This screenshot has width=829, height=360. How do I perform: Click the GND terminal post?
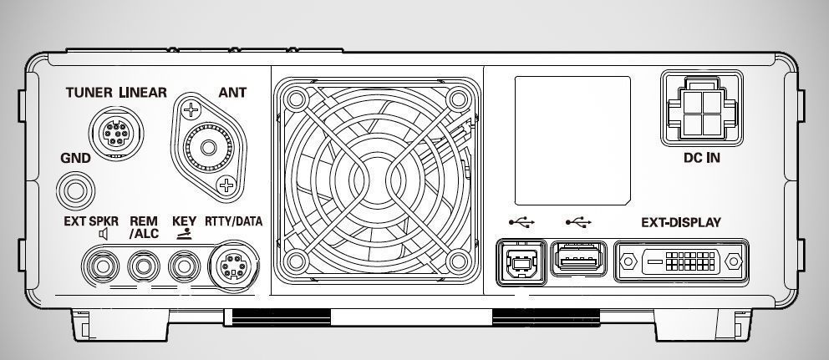click(x=75, y=190)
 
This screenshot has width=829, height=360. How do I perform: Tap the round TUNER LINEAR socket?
click(x=116, y=133)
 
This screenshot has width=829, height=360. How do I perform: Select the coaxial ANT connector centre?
click(x=209, y=147)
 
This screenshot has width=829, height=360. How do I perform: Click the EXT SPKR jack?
click(x=100, y=266)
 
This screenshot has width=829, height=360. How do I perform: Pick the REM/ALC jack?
click(x=144, y=266)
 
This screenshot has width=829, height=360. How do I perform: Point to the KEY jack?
click(x=184, y=266)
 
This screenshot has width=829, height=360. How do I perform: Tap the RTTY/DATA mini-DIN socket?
click(x=232, y=266)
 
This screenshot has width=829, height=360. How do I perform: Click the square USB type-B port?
click(x=521, y=262)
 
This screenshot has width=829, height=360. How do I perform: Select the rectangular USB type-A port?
click(x=579, y=258)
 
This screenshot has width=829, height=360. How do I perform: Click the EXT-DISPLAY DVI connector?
click(x=681, y=261)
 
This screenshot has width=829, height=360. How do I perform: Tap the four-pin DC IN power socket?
click(x=702, y=109)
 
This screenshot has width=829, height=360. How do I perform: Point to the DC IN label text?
click(x=702, y=158)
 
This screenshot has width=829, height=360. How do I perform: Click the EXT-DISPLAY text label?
click(x=681, y=222)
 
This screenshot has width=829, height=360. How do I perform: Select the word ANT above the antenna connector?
click(x=232, y=93)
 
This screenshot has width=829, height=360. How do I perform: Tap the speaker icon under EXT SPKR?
click(x=103, y=234)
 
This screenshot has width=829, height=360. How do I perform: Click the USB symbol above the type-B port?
click(x=521, y=222)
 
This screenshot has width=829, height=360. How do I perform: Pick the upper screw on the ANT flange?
click(x=191, y=110)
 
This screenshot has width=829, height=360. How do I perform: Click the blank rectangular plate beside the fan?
click(x=572, y=140)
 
